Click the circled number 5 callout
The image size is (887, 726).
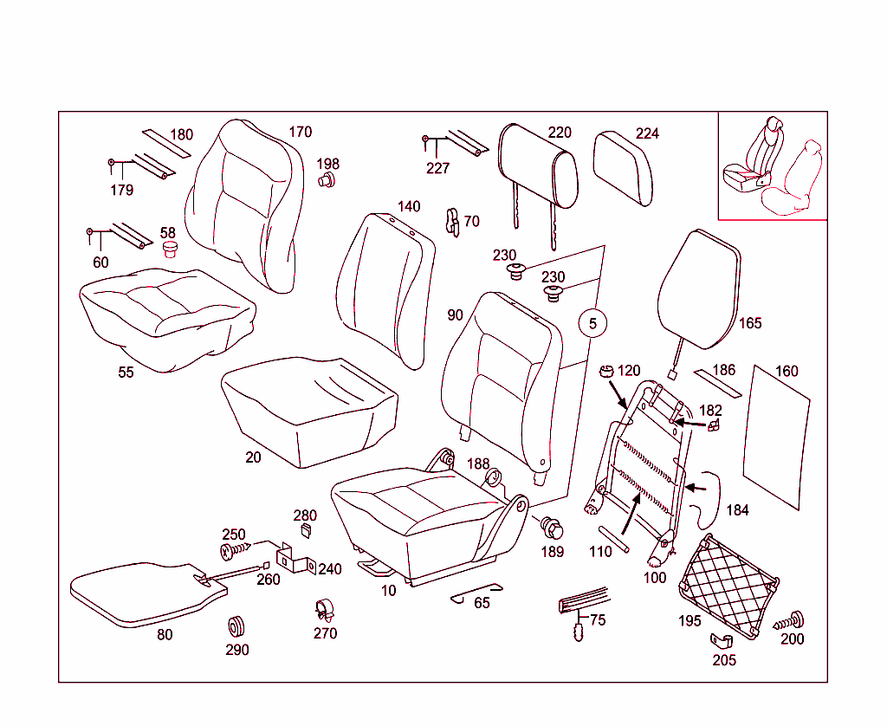[592, 323]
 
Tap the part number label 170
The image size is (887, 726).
[300, 133]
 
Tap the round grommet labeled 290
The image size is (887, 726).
[236, 625]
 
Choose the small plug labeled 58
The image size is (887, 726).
[170, 250]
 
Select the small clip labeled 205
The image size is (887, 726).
[721, 640]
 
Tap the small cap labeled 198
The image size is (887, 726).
[327, 180]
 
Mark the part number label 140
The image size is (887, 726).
[409, 206]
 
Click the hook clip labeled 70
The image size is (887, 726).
[451, 222]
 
